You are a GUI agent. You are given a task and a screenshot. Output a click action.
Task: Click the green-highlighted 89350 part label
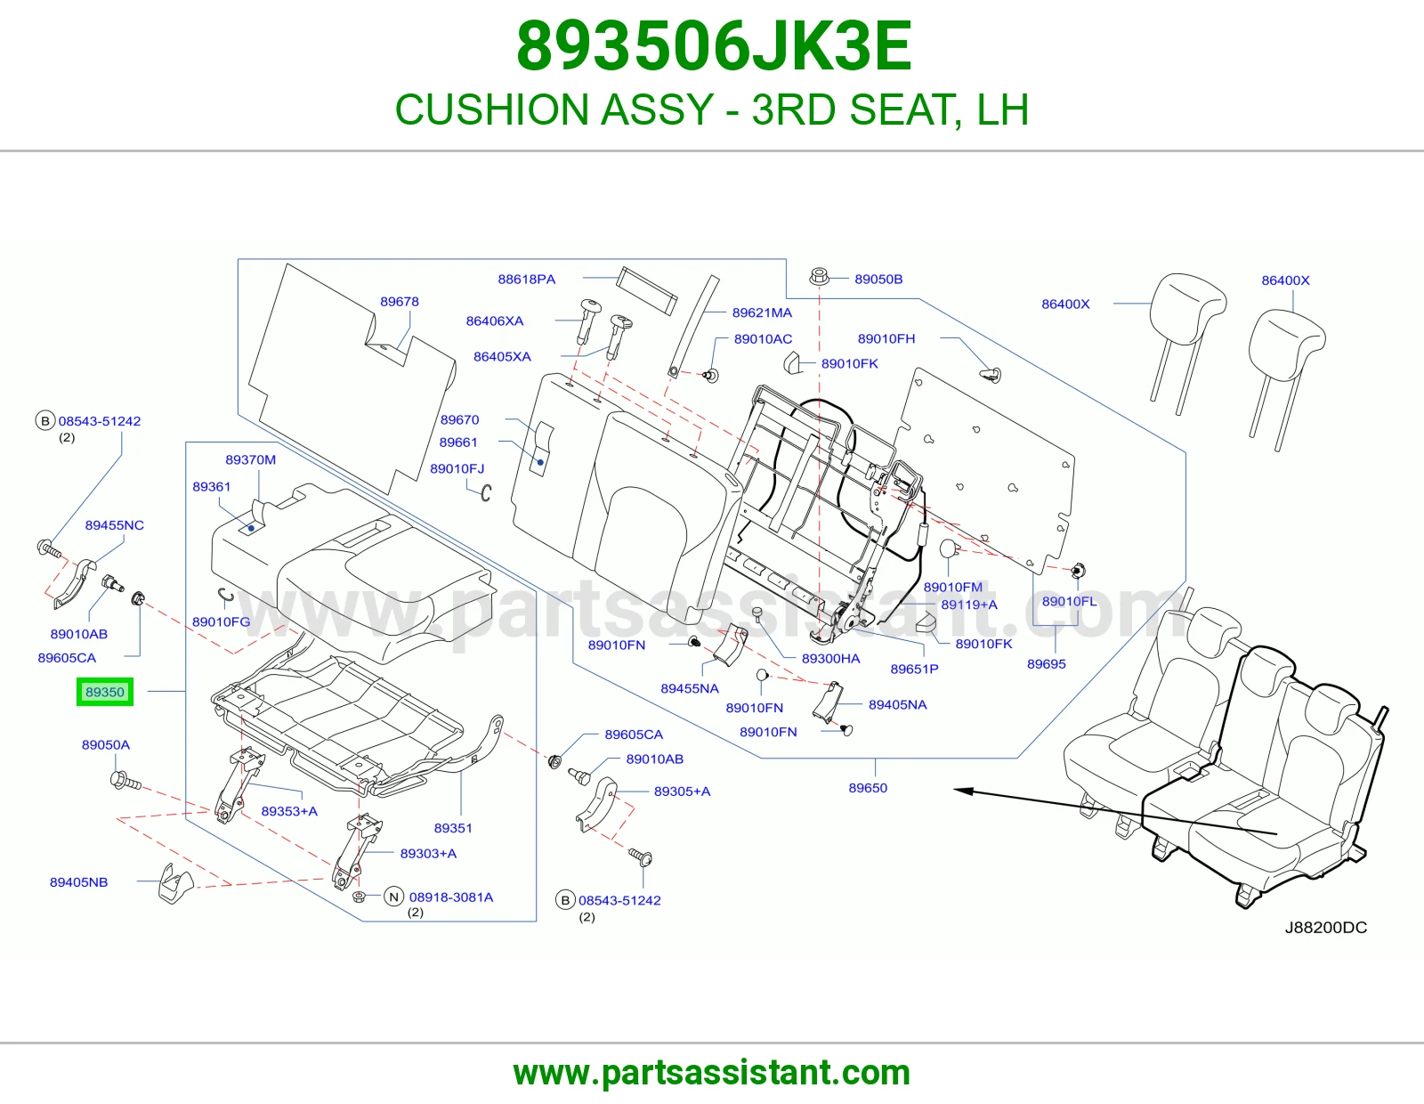[x=105, y=692]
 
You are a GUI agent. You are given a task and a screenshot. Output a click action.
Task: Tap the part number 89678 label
[x=399, y=302]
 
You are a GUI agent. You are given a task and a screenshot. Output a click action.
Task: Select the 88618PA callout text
[x=526, y=280]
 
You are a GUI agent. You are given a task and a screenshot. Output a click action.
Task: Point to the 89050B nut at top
[x=819, y=277]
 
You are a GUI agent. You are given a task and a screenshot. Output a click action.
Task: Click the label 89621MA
[x=762, y=313]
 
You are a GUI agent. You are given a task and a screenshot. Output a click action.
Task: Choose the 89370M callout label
[x=250, y=459]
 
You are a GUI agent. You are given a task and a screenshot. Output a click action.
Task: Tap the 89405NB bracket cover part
[x=175, y=883]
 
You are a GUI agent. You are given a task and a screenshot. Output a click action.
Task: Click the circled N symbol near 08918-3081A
[x=393, y=897]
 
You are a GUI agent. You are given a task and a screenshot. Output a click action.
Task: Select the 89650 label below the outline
[x=868, y=788]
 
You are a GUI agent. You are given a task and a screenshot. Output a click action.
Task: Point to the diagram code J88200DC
[x=1326, y=928]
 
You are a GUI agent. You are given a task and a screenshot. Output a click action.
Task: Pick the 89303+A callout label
[x=429, y=854]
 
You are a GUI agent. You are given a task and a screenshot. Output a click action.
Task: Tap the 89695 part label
[x=1046, y=664]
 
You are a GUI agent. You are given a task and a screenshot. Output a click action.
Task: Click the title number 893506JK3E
[x=714, y=46]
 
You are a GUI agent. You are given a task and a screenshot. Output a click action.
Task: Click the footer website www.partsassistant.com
[x=712, y=1073]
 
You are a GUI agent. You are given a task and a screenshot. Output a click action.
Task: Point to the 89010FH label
[x=886, y=339]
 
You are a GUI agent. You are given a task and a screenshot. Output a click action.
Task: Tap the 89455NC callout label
[x=114, y=525]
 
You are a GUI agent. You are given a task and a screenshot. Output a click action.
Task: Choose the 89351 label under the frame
[x=453, y=828]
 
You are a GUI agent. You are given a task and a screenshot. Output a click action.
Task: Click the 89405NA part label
[x=897, y=705]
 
